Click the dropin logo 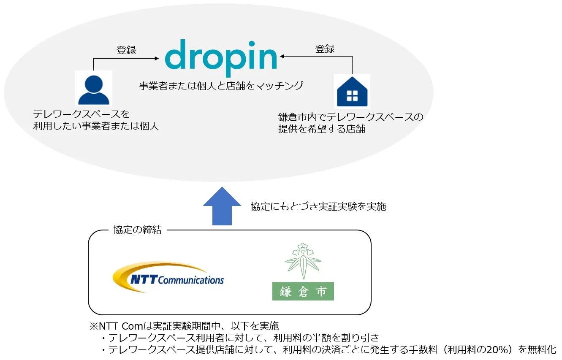point(221,58)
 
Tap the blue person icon point(94,89)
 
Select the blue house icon point(352,92)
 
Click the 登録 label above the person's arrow point(126,50)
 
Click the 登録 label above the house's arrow point(325,49)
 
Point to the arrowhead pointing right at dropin point(157,58)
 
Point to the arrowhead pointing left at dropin point(282,57)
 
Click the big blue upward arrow point(222,206)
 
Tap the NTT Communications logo point(168,277)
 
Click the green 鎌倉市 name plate point(303,291)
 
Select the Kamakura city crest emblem point(303,261)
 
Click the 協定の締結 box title point(138,230)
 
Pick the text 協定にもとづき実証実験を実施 point(318,206)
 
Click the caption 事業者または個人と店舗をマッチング point(221,86)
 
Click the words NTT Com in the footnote point(121,326)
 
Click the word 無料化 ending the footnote point(542,350)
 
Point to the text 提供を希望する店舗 point(322,129)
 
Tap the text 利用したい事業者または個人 point(96,126)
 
